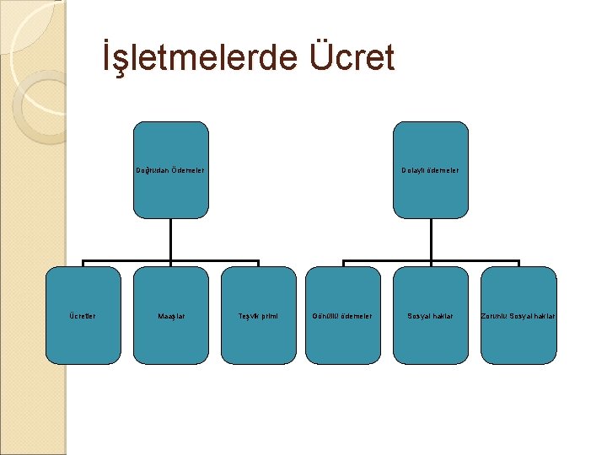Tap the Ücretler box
point(83,337)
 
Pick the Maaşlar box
point(170,337)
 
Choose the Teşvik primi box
point(258,337)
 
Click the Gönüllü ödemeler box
point(342,337)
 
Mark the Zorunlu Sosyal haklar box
point(518,337)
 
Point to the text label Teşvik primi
point(258,316)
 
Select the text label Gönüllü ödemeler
point(342,316)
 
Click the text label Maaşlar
point(171,316)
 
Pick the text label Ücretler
point(82,316)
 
